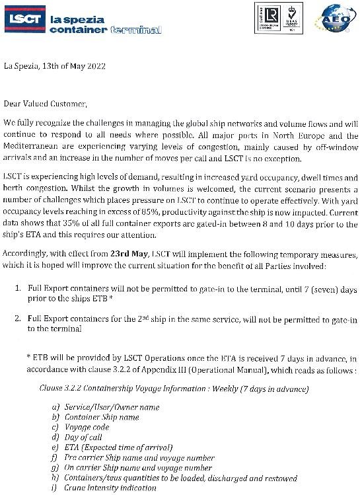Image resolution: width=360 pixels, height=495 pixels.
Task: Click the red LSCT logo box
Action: [24, 20]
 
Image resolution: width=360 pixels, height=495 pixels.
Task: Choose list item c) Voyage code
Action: [86, 428]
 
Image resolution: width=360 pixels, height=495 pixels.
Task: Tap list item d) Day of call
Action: [83, 437]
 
